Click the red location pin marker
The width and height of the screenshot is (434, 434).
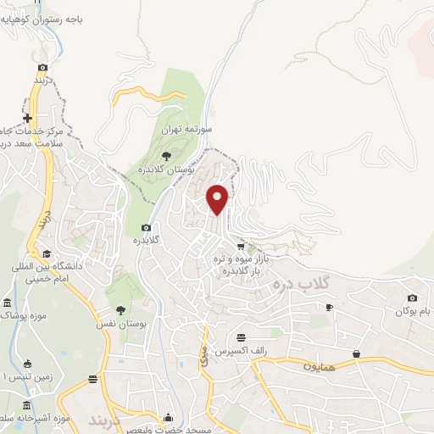pos(219,198)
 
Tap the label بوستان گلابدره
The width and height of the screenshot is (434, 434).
pos(167,170)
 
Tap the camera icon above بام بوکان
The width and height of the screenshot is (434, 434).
pos(412,298)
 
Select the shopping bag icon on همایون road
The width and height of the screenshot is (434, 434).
pos(356,353)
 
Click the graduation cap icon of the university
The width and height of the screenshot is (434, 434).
pos(45,253)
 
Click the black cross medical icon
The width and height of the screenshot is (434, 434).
pos(28,118)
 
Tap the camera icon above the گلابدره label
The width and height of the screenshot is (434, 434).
pos(146,227)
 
